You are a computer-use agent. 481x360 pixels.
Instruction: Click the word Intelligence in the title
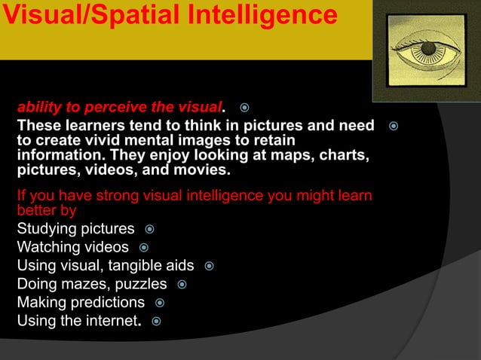point(258,14)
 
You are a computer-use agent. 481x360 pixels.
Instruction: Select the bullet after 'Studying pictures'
point(149,228)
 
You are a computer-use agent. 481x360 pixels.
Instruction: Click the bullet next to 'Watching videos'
point(143,246)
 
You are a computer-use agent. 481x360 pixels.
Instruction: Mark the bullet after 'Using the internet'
point(157,322)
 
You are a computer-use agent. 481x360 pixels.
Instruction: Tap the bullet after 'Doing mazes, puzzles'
point(182,284)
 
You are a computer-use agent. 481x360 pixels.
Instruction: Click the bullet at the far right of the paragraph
point(392,125)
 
